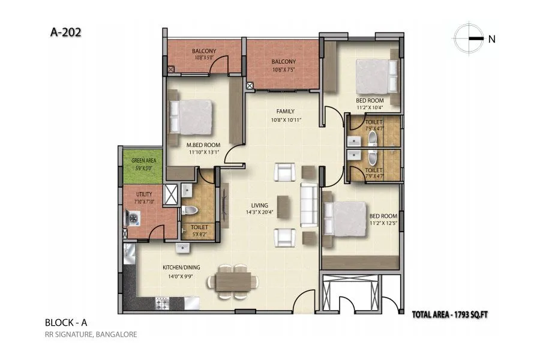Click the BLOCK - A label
coord(66,323)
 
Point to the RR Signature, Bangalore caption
coord(91,335)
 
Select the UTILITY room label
coord(145,193)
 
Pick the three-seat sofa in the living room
coord(310,205)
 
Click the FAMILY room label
coord(284,112)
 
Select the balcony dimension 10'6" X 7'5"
coord(283,70)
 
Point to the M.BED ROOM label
coord(203,145)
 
